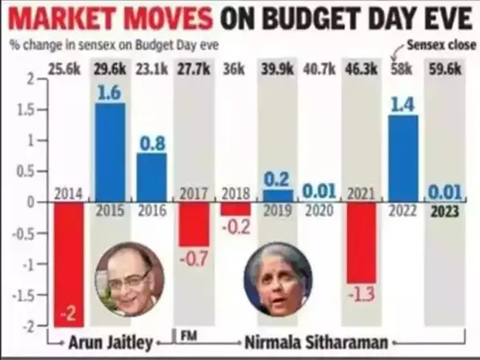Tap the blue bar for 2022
point(403,158)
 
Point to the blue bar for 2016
point(151,177)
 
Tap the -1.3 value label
point(361,293)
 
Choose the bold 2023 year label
point(444,212)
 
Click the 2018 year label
point(235,195)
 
